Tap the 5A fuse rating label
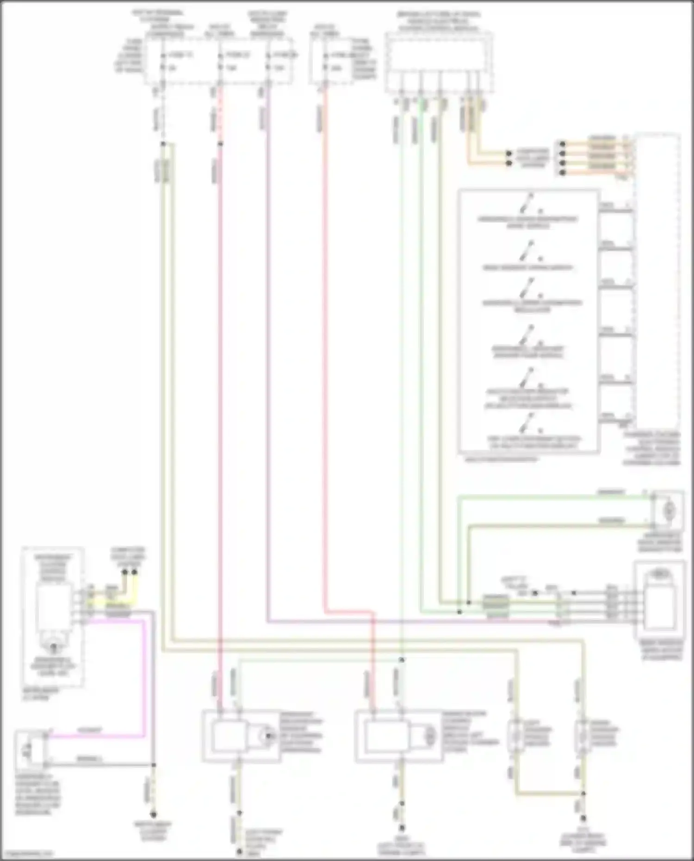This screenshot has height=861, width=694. click(172, 68)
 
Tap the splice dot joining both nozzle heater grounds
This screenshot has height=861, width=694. click(583, 793)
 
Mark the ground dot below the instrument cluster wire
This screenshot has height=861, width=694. click(154, 814)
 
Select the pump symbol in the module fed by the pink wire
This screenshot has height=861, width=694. click(266, 736)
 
